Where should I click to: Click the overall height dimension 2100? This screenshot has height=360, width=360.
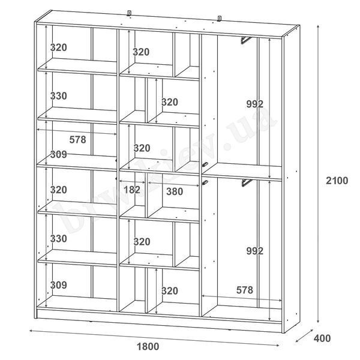pyautogui.click(x=337, y=181)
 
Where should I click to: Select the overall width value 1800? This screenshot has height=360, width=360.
pyautogui.click(x=148, y=346)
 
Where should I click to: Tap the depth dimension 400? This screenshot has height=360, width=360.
pyautogui.click(x=322, y=338)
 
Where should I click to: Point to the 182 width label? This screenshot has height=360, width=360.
pyautogui.click(x=132, y=190)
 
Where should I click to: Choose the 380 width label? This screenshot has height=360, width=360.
pyautogui.click(x=175, y=191)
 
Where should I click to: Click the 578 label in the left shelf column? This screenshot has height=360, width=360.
pyautogui.click(x=77, y=139)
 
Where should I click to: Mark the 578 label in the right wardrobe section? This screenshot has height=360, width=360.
pyautogui.click(x=245, y=290)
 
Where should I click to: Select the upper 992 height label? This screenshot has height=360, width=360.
pyautogui.click(x=254, y=104)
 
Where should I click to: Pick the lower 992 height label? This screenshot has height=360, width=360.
pyautogui.click(x=254, y=251)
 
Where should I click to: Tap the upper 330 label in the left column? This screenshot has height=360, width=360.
pyautogui.click(x=59, y=96)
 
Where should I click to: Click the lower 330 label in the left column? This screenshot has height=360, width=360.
pyautogui.click(x=59, y=239)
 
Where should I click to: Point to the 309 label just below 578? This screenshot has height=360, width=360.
pyautogui.click(x=59, y=154)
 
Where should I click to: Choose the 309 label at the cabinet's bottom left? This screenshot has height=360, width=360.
pyautogui.click(x=59, y=285)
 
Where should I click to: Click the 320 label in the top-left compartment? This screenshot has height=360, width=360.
pyautogui.click(x=59, y=47)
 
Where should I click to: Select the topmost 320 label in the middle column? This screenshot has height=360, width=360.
pyautogui.click(x=141, y=52)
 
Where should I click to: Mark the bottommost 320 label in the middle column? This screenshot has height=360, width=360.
pyautogui.click(x=170, y=291)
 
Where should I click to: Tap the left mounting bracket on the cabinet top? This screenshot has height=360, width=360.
pyautogui.click(x=129, y=13)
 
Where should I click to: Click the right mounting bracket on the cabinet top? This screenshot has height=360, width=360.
pyautogui.click(x=219, y=19)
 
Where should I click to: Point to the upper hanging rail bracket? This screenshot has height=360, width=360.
pyautogui.click(x=245, y=40)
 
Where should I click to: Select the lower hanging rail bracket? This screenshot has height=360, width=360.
pyautogui.click(x=247, y=183)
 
